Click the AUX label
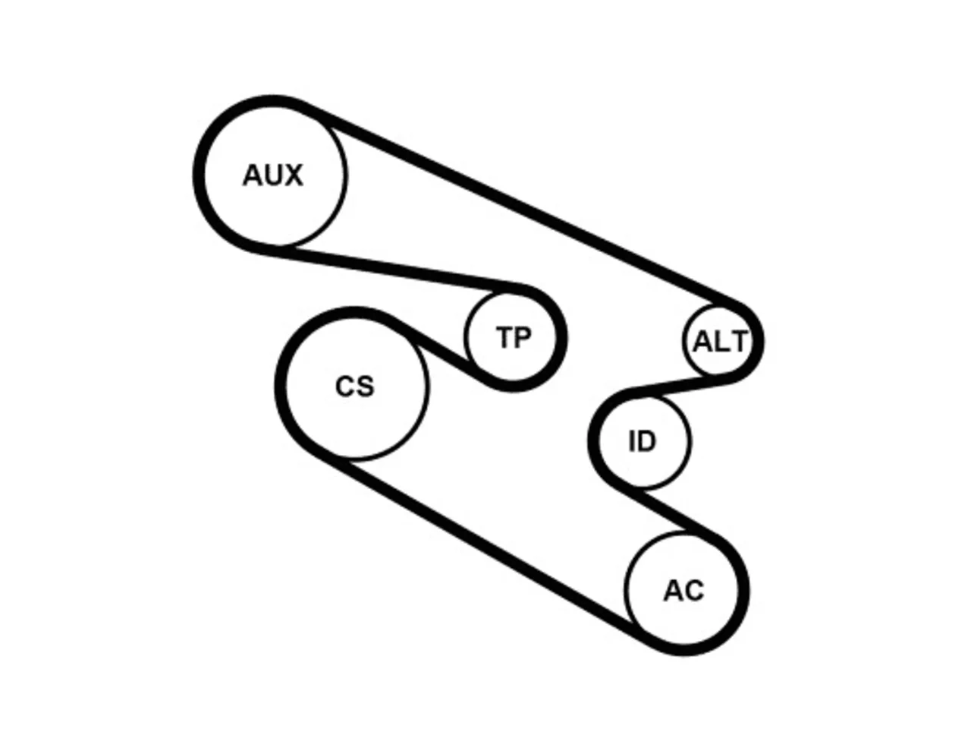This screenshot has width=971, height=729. [x=273, y=175]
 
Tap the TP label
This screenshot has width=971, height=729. [x=513, y=338]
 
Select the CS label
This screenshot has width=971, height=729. [x=355, y=386]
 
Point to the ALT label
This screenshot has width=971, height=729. [x=720, y=342]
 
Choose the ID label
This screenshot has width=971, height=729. [x=643, y=441]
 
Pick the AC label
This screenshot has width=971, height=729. [x=683, y=591]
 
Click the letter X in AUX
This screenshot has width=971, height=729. [x=294, y=175]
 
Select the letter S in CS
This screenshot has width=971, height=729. [x=365, y=386]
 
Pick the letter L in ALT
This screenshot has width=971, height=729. [x=721, y=342]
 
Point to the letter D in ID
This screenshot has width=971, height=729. [x=647, y=441]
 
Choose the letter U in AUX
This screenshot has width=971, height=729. [x=273, y=175]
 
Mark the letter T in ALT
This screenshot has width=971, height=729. [x=738, y=342]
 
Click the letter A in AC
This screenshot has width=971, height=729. [x=674, y=591]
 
